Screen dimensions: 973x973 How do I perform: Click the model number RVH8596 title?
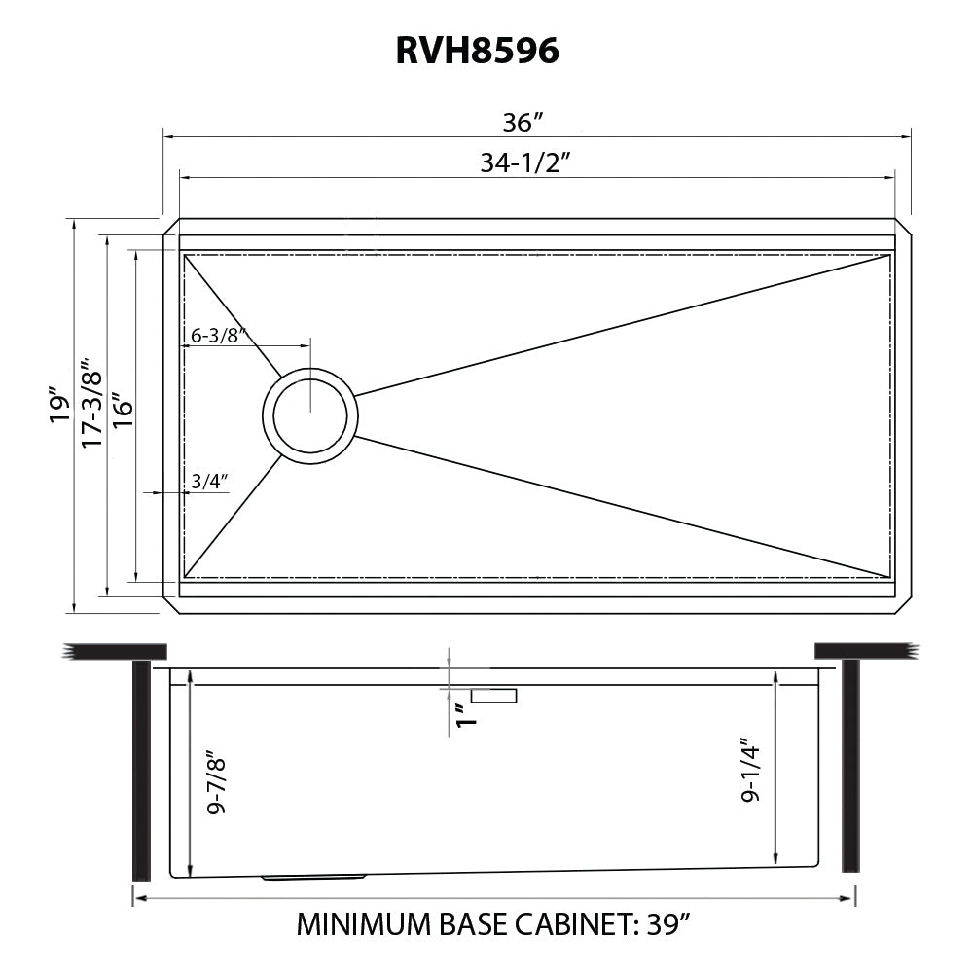[477, 52]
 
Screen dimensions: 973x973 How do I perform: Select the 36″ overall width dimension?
[522, 124]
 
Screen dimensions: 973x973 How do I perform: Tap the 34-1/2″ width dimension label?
[523, 163]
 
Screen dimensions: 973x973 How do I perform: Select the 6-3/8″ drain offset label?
[214, 336]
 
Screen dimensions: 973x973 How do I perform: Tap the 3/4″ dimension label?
[209, 481]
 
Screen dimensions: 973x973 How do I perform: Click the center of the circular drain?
[309, 415]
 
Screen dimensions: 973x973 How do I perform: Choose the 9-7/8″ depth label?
[216, 780]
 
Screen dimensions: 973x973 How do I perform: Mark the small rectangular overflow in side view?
[494, 695]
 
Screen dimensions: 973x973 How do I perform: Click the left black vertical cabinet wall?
[141, 768]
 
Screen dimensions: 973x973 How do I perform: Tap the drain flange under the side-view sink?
[313, 878]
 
